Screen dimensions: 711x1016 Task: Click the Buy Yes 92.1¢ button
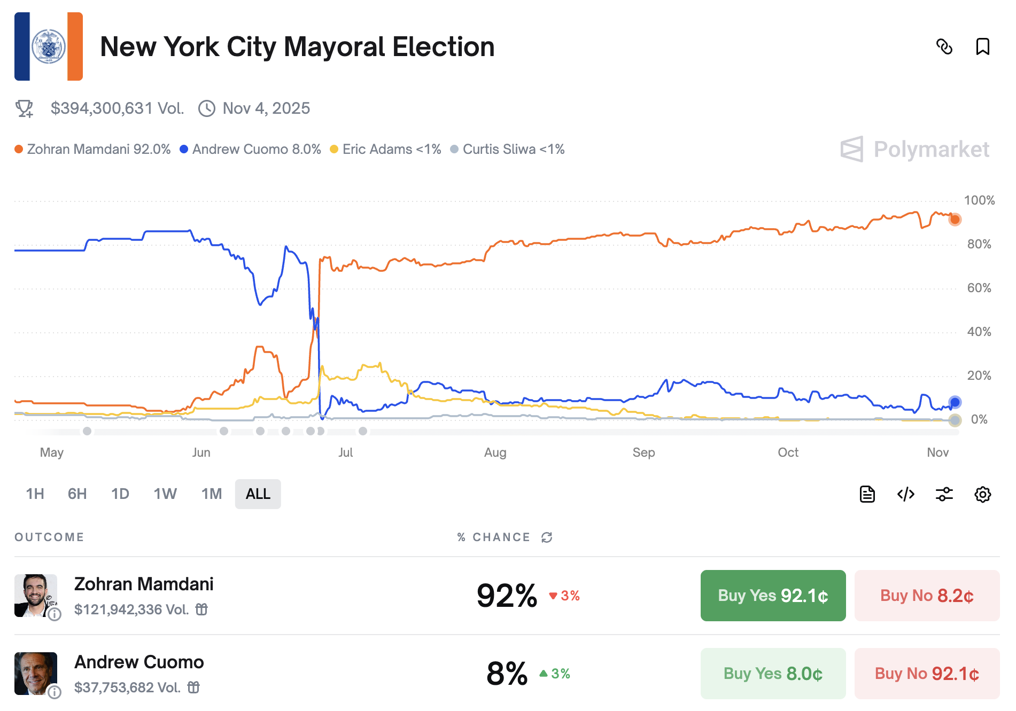tap(772, 595)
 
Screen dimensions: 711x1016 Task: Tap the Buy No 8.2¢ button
tap(926, 595)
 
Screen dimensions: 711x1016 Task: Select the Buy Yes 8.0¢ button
tap(772, 673)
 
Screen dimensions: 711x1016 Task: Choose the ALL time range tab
tap(258, 494)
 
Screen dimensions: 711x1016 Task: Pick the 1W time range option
tap(165, 494)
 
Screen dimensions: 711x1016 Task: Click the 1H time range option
tap(35, 494)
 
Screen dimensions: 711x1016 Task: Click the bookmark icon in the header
tap(982, 46)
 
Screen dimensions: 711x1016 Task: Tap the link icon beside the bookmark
tap(944, 46)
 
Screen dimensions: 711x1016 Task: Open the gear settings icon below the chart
tap(982, 494)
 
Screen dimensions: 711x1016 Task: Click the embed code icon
tap(905, 494)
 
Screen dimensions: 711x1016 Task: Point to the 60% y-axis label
tap(979, 288)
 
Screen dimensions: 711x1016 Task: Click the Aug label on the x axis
tap(495, 452)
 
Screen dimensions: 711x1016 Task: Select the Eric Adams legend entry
tap(386, 149)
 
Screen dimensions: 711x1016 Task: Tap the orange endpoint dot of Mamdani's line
tap(955, 219)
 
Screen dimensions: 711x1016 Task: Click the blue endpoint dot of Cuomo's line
tap(955, 402)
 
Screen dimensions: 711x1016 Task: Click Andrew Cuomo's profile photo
tap(36, 673)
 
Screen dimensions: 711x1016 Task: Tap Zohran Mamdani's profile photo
tap(36, 595)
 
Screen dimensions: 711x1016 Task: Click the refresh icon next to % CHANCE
tap(546, 537)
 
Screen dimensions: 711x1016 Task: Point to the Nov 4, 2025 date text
tap(266, 108)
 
